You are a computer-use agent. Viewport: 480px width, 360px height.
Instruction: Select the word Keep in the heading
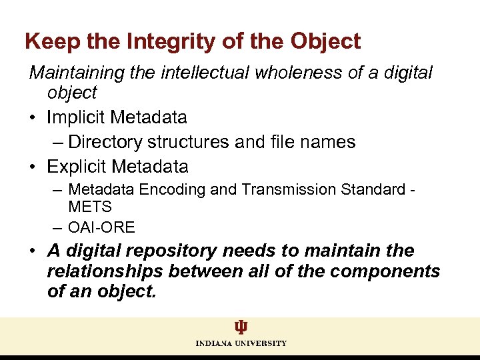point(46,42)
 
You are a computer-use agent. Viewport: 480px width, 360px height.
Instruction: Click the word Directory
point(105,142)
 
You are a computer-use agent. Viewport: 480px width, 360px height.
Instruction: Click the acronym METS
point(90,207)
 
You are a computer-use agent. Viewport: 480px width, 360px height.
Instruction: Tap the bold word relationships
point(105,271)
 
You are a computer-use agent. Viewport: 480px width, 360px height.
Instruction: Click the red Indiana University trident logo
point(241,327)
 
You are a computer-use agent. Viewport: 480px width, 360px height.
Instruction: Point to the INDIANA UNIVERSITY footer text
point(241,343)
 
